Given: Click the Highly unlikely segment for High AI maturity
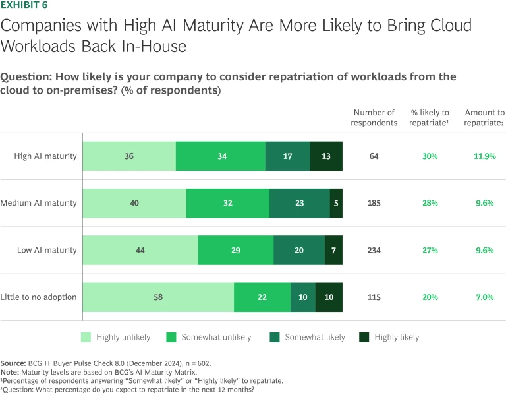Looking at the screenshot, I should coord(129,156).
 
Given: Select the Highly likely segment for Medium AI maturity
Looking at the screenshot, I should coord(336,203).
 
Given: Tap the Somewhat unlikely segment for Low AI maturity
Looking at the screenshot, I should coord(235,250).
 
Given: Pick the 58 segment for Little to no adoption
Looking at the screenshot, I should coord(158,297).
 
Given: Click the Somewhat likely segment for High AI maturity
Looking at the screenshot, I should coord(287,156).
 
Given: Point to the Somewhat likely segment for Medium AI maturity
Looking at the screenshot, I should coord(300,203).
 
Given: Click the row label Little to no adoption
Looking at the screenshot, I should coord(40,297).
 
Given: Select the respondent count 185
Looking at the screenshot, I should coord(374,203).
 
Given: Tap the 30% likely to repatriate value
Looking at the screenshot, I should coord(430,156).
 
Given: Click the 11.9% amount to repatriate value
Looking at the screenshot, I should coord(484,156).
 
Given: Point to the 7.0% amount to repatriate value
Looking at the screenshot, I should coord(484,297).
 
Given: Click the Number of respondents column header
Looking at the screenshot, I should coord(374,117).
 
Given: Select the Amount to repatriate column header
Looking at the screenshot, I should coord(484,117).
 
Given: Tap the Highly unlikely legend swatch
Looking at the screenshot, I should coord(86,337).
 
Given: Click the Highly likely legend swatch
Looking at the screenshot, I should coord(364,337).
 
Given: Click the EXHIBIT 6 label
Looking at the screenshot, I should coord(23,7).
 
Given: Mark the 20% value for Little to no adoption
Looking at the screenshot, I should coord(430,297).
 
